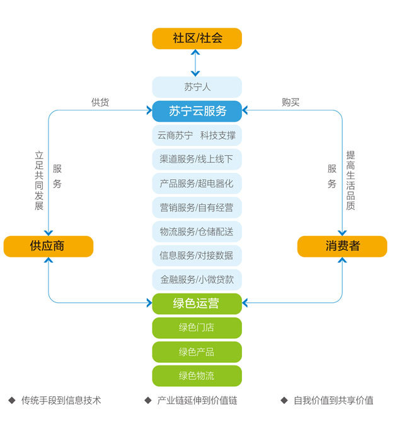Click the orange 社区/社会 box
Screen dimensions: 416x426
coord(197,38)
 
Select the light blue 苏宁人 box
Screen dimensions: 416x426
coord(197,87)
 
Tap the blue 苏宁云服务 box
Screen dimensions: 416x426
coord(197,111)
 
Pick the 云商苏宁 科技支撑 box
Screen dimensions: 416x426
coord(197,135)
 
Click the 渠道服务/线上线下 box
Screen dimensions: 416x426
coord(197,159)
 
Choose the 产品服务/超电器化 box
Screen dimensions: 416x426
coord(197,184)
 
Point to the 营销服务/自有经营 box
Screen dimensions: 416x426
coord(197,208)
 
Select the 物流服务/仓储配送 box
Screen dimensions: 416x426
coord(197,232)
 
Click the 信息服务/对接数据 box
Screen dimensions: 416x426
coord(197,256)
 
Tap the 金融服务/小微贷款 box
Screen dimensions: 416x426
coord(197,280)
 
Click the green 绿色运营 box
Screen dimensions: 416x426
coord(197,304)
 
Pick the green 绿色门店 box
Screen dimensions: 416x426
coord(197,328)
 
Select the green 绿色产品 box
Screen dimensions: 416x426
coord(197,352)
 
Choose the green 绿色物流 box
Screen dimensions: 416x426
coord(197,376)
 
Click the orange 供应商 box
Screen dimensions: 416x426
coord(49,246)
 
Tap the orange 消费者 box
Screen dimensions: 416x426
coord(342,246)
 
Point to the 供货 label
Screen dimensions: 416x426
coord(100,102)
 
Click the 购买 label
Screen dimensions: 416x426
coord(291,102)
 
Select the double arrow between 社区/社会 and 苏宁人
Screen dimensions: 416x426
coord(195,63)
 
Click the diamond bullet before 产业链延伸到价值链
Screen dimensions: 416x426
coord(148,400)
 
